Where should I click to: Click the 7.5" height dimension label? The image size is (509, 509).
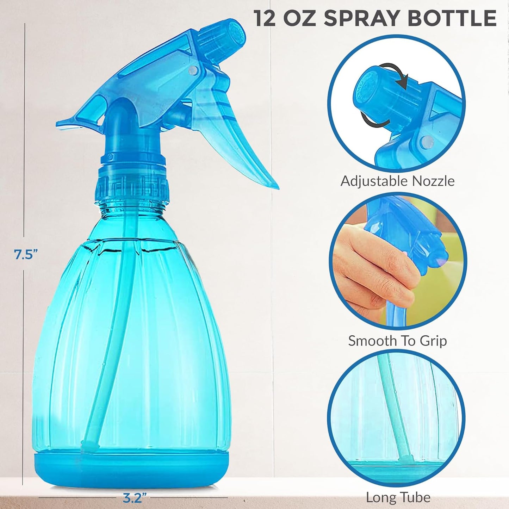coord(26,254)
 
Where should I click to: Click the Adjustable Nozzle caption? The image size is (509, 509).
coord(397,181)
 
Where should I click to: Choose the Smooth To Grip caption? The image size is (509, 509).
coord(397,341)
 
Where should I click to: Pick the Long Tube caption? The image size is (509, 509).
coord(398,497)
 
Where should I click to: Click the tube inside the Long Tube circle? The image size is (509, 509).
coord(395,405)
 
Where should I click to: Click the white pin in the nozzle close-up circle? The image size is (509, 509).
coord(427,142)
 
